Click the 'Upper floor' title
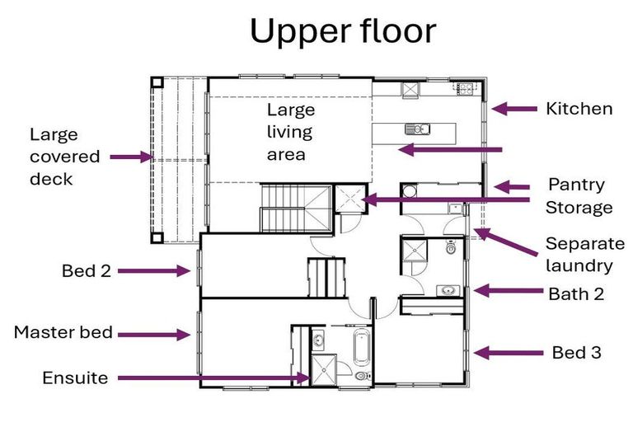click(x=343, y=32)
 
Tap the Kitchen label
click(x=579, y=109)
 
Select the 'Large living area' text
click(x=291, y=132)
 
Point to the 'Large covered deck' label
click(x=64, y=157)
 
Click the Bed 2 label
click(x=87, y=270)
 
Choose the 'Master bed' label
click(x=63, y=332)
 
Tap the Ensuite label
click(x=75, y=378)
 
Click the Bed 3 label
click(x=576, y=353)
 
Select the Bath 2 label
click(x=576, y=294)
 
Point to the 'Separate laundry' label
click(x=585, y=255)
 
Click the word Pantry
click(x=576, y=185)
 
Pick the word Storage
click(x=579, y=208)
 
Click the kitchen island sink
click(x=417, y=129)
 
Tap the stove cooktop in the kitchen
click(x=466, y=88)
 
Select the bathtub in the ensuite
click(x=362, y=347)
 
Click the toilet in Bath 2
click(x=451, y=246)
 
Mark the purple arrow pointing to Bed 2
click(x=154, y=271)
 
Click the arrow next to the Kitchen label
click(x=514, y=109)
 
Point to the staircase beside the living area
click(x=297, y=209)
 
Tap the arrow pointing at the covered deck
click(x=131, y=157)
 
